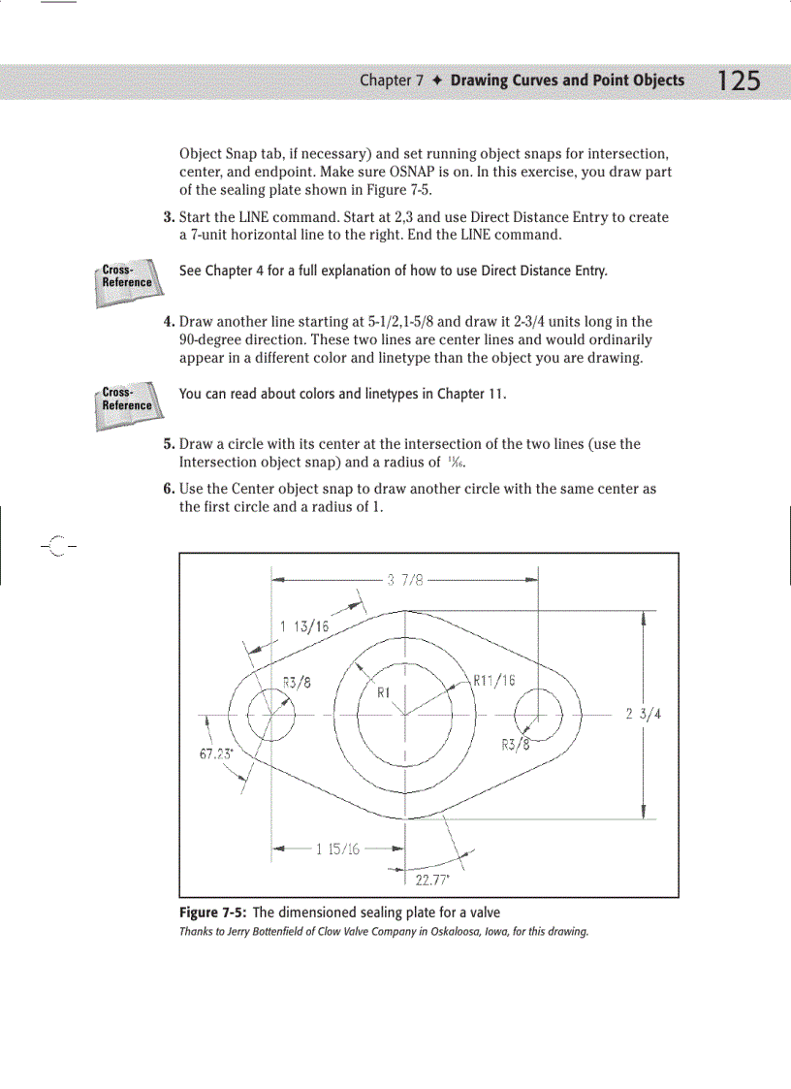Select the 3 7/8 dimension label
click(x=405, y=581)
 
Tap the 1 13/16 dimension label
click(x=304, y=626)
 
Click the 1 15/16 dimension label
click(x=337, y=849)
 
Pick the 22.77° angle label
click(x=429, y=881)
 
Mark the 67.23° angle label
click(x=215, y=753)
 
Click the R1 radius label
click(x=383, y=693)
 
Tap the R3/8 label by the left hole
click(x=296, y=681)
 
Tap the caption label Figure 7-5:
click(x=213, y=913)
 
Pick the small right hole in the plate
click(x=539, y=716)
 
